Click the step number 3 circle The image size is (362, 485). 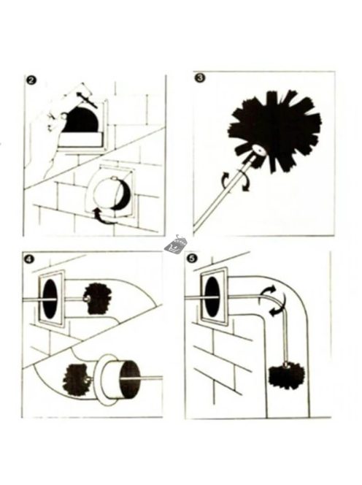click(200, 77)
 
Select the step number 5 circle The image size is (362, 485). click(192, 259)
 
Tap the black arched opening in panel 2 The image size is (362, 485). click(81, 120)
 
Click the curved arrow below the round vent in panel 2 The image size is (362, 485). click(104, 216)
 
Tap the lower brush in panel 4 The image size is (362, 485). click(77, 379)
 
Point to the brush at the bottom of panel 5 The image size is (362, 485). click(287, 377)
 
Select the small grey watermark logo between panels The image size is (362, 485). click(176, 244)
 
